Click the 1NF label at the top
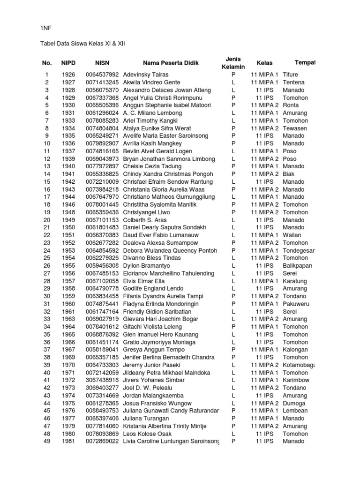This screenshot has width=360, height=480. (45, 29)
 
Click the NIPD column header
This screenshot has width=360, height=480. (68, 63)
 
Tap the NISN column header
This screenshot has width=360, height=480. (102, 63)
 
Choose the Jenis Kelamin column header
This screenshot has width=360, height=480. (233, 63)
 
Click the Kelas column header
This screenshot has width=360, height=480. (264, 63)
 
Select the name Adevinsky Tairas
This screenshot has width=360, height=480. (145, 75)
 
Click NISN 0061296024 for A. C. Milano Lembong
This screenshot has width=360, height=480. (102, 113)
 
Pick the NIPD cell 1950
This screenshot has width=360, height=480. (68, 227)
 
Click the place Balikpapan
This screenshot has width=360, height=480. (297, 266)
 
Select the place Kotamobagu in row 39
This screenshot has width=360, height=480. (299, 365)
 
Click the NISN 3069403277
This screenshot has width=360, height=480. (102, 388)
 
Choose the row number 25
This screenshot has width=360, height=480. (46, 258)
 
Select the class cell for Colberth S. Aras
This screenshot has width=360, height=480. (265, 220)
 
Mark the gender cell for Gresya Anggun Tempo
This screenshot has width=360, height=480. (233, 350)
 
